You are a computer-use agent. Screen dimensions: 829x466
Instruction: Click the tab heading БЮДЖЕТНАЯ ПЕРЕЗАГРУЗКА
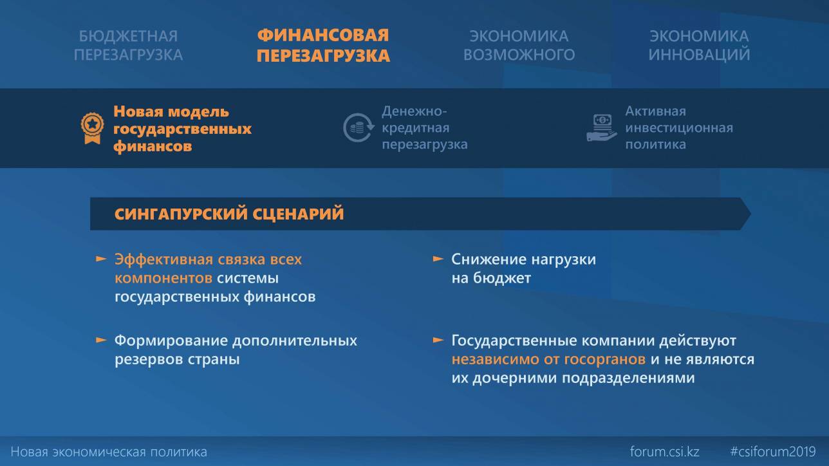click(x=128, y=45)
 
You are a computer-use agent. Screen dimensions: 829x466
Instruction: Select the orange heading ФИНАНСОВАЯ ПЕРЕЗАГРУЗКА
click(x=323, y=45)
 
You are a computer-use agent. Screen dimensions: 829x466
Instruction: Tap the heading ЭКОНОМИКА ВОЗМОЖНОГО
click(x=519, y=45)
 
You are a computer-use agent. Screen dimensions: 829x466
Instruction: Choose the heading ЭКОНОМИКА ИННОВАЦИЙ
click(x=699, y=45)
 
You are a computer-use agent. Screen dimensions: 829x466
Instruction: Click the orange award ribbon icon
click(x=92, y=128)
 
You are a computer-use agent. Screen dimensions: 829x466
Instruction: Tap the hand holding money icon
click(x=602, y=127)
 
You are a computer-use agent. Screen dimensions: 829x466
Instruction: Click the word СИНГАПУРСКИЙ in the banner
click(x=181, y=214)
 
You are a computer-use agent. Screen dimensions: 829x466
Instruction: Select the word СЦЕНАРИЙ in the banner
click(x=298, y=214)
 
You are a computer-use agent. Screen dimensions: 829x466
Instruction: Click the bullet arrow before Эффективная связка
click(x=101, y=259)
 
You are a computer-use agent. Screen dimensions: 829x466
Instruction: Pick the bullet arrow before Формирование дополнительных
click(x=101, y=340)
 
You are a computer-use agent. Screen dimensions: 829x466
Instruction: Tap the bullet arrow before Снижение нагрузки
click(x=438, y=259)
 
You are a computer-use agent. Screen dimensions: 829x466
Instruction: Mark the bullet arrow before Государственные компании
click(x=438, y=340)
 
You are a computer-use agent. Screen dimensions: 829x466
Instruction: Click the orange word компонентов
click(x=163, y=278)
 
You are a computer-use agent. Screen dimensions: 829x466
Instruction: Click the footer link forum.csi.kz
click(x=665, y=452)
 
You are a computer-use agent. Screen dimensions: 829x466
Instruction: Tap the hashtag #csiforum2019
click(x=773, y=452)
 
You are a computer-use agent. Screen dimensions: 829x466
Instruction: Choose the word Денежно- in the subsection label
click(x=414, y=111)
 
